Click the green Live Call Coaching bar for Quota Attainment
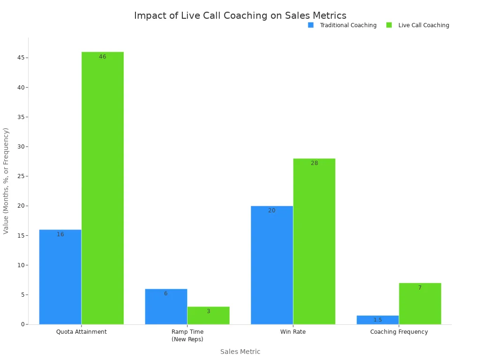click(x=103, y=187)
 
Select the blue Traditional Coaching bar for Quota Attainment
click(x=60, y=277)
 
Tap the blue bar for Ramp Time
click(x=166, y=307)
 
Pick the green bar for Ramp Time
click(x=208, y=315)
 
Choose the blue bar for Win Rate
click(x=272, y=265)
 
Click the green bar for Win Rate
click(x=314, y=241)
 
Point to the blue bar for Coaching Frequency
click(x=377, y=320)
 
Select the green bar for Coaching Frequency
click(x=420, y=304)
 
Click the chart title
click(x=240, y=15)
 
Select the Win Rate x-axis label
click(x=293, y=332)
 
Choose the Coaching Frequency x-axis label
click(x=399, y=332)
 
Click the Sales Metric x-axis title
click(x=240, y=352)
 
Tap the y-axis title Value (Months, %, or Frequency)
click(x=6, y=180)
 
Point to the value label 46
click(x=103, y=57)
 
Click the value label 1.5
click(x=377, y=320)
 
